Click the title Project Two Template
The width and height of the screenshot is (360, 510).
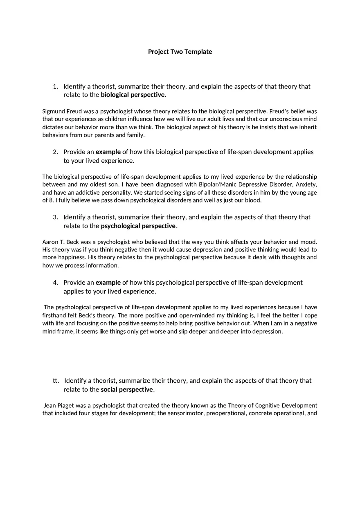pos(180,52)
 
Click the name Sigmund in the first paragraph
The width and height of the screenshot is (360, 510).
pos(53,111)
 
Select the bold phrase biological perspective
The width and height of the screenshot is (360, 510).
pos(133,95)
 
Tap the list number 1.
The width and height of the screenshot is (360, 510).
pos(55,86)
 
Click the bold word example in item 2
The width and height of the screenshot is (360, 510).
pos(108,152)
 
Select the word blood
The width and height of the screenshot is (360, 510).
pos(252,200)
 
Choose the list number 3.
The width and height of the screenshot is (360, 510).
pos(55,217)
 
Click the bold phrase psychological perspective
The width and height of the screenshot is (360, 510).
pos(138,226)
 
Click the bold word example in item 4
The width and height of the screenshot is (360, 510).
pos(108,283)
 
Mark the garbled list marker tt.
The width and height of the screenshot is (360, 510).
pos(56,381)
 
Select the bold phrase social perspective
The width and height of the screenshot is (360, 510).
pos(127,389)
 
